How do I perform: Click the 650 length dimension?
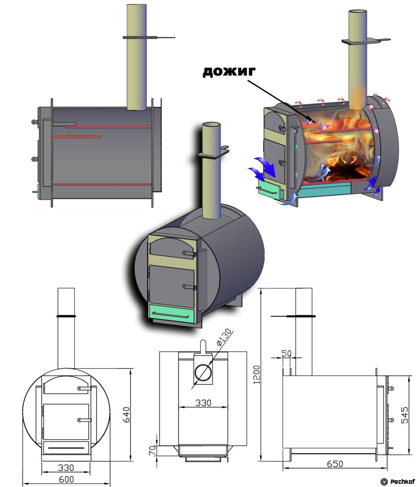coord(335,464)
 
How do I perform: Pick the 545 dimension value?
coord(404,415)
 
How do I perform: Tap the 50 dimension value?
coord(287,353)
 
